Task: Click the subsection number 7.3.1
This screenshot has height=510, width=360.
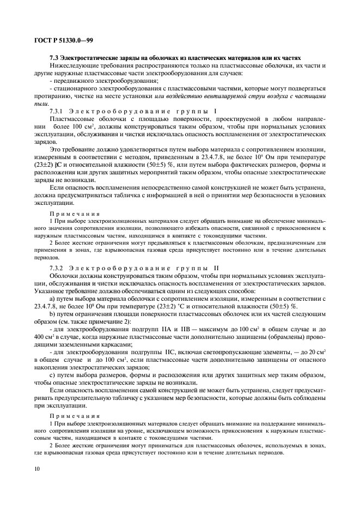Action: point(57,111)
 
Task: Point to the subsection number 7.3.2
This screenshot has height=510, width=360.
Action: point(57,269)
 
